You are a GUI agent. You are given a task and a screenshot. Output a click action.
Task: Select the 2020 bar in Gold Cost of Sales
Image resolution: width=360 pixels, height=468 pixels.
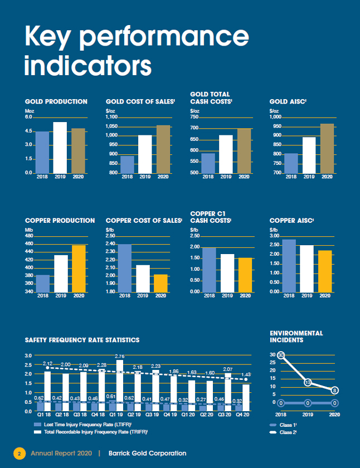coord(163,149)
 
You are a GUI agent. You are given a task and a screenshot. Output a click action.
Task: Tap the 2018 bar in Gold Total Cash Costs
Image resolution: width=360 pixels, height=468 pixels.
coord(208,163)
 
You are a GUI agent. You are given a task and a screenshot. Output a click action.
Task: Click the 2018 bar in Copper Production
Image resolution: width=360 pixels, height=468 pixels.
coord(43,283)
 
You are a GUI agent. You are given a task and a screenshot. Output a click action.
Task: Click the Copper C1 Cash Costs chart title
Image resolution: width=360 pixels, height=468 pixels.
coord(211,217)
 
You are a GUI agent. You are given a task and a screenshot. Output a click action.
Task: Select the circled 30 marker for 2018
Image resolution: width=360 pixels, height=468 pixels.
coord(281,355)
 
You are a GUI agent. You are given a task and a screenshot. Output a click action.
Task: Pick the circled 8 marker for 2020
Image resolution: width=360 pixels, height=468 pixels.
coord(334,391)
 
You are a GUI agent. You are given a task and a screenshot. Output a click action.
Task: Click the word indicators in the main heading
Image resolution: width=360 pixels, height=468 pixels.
coord(88,65)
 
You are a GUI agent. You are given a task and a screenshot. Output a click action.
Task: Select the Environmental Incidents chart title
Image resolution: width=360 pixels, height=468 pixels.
coord(296,336)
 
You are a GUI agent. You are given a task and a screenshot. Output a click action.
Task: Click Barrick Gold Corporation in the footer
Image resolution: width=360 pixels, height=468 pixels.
coord(147,454)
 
